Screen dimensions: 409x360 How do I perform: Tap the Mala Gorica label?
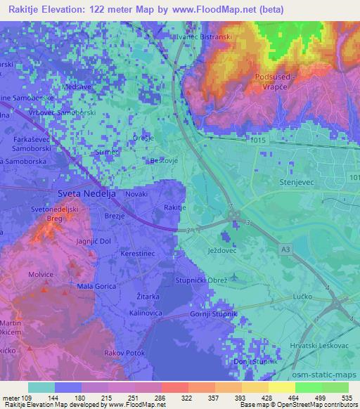[x=95, y=286]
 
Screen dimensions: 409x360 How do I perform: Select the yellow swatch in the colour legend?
[x=282, y=387]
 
